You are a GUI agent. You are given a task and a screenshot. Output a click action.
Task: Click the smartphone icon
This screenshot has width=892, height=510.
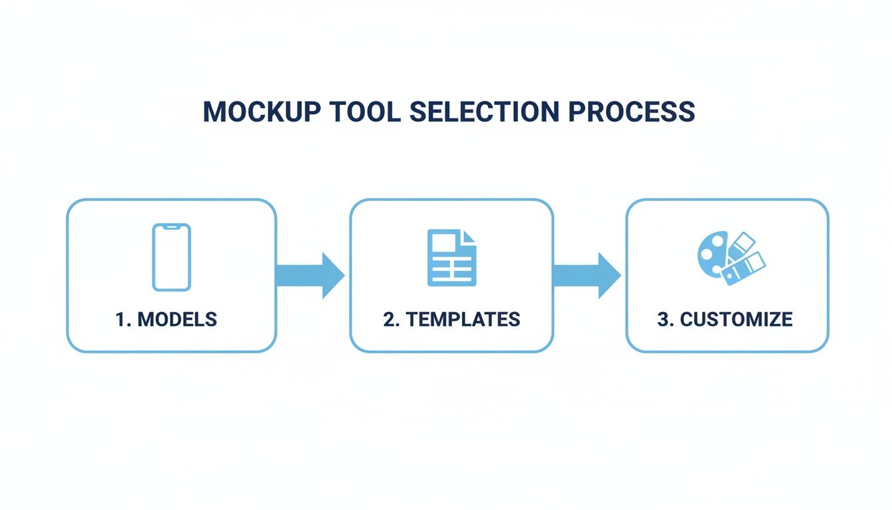pos(171,257)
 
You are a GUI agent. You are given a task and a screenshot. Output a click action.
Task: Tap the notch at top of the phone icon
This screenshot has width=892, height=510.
pos(171,227)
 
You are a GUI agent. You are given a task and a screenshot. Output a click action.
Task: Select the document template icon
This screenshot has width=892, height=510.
pos(451,258)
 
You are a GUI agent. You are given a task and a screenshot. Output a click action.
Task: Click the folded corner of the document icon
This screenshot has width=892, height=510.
pos(469,236)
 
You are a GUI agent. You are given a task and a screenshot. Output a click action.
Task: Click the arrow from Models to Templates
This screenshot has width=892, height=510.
pos(309,275)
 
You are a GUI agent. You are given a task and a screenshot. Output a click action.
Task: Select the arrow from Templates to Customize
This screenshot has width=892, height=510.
pos(586,275)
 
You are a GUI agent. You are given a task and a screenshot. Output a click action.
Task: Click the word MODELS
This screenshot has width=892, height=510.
pos(177,319)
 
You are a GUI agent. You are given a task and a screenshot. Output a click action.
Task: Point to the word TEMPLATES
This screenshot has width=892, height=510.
pos(463,319)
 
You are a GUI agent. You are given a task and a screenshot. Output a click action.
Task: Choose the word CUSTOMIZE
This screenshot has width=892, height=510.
pos(736,319)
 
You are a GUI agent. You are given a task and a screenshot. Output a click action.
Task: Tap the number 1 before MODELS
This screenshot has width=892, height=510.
pos(121,319)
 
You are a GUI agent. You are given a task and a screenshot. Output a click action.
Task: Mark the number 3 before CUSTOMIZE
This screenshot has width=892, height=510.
pos(664,319)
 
